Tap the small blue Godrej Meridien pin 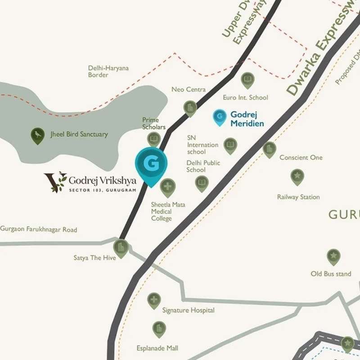point(219,117)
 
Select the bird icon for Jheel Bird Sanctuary point(37,135)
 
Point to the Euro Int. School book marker point(247,81)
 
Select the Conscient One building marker point(269,149)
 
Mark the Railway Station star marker point(297,176)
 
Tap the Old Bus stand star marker point(333,257)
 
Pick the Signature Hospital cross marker point(154,300)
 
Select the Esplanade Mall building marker point(159,329)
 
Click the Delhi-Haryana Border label point(108,72)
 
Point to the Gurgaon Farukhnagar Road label point(39,229)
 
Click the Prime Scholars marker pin point(154,139)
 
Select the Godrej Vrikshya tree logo point(55,182)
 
